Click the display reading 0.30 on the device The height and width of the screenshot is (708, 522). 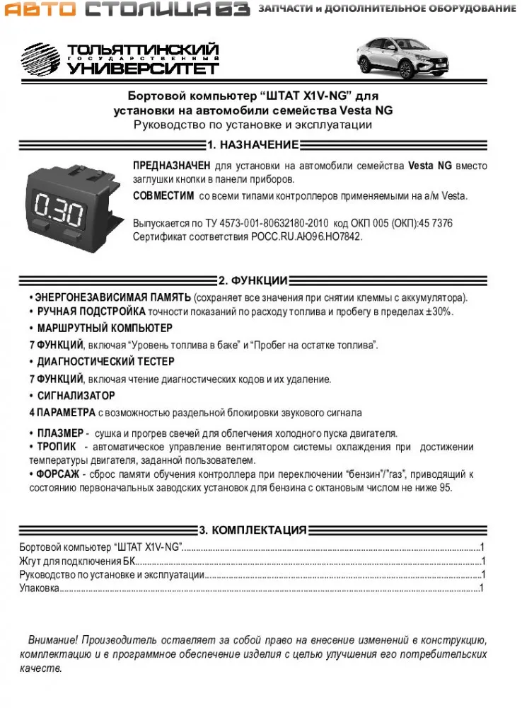click(x=59, y=211)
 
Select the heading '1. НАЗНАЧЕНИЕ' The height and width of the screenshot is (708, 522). click(x=253, y=145)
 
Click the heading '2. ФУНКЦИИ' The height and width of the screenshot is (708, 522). click(x=253, y=280)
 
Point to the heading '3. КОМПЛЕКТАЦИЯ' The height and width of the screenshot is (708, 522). click(x=253, y=530)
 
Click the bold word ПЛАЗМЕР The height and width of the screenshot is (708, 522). click(x=60, y=433)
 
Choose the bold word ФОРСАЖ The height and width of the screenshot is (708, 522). click(x=58, y=474)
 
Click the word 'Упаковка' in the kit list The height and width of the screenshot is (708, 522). click(x=40, y=588)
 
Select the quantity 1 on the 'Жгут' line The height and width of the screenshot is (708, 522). click(x=482, y=561)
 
